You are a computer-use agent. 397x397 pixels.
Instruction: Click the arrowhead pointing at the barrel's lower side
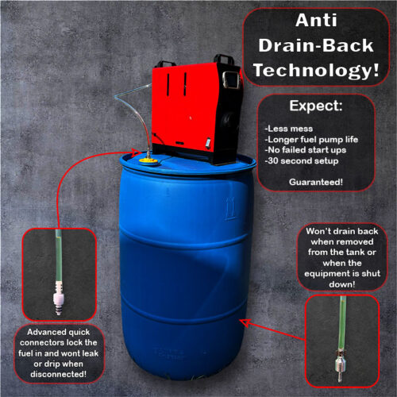(x=245, y=322)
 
